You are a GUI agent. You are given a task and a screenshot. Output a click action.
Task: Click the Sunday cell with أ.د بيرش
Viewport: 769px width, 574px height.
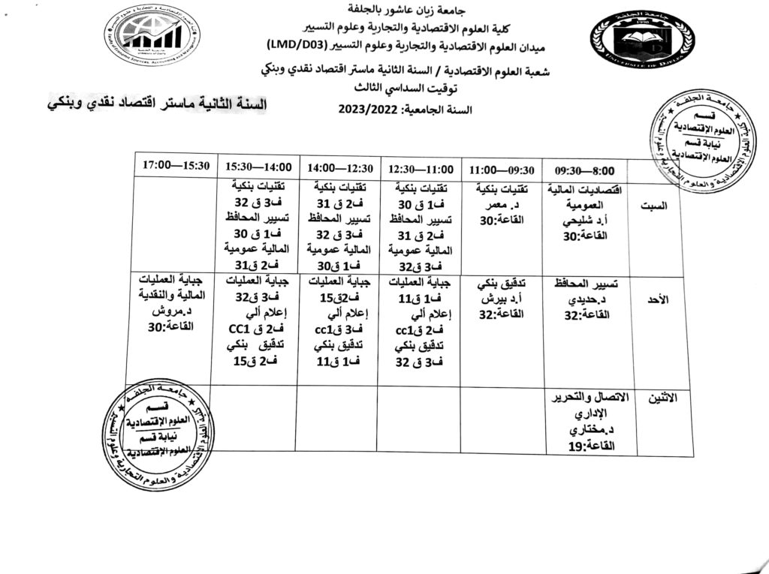pyautogui.click(x=500, y=300)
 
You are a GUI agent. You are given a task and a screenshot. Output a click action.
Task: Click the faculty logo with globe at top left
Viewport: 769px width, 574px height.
pyautogui.click(x=152, y=35)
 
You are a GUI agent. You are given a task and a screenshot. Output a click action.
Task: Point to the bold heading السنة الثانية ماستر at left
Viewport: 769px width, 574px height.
pyautogui.click(x=149, y=105)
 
